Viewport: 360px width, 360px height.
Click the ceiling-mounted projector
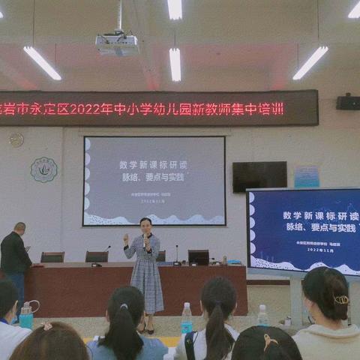coord(116,43)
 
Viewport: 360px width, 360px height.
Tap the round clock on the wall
coord(16,139)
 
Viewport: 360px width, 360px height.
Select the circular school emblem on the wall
coord(43,169)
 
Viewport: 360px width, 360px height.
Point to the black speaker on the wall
coord(347,103)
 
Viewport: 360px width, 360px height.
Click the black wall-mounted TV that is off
coord(259,176)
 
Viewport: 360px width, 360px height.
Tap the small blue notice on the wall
coord(306,176)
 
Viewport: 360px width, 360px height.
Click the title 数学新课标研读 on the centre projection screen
coord(153,164)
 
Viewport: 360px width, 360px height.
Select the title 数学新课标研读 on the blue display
coord(321,215)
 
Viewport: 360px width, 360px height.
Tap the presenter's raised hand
coord(126,239)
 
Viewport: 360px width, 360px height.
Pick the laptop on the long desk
coord(198,256)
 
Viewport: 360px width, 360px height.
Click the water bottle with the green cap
coord(187,318)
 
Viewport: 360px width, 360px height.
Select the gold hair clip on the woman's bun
coord(341,299)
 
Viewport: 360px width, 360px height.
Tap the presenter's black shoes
coord(146,329)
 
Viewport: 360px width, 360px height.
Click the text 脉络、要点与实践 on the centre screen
coord(154,178)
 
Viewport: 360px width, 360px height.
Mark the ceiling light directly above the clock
coord(42,63)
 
